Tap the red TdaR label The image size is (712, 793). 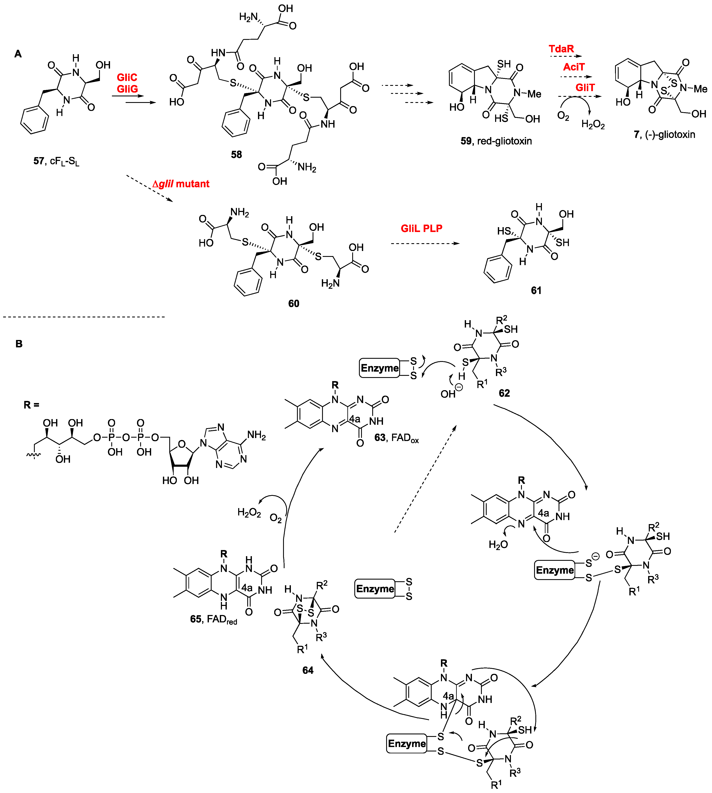(x=561, y=49)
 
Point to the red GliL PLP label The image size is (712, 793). (x=421, y=229)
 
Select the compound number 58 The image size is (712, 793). (x=236, y=155)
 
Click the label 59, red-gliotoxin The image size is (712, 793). (x=496, y=141)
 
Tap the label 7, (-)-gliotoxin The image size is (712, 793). (x=664, y=135)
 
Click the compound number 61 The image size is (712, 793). (x=536, y=290)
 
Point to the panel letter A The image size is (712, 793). (x=18, y=54)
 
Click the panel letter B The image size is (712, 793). (x=19, y=344)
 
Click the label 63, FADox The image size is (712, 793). (x=396, y=438)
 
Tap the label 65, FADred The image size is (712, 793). (x=214, y=619)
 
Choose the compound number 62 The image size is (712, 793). (x=504, y=393)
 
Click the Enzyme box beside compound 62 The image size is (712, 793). (x=379, y=368)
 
